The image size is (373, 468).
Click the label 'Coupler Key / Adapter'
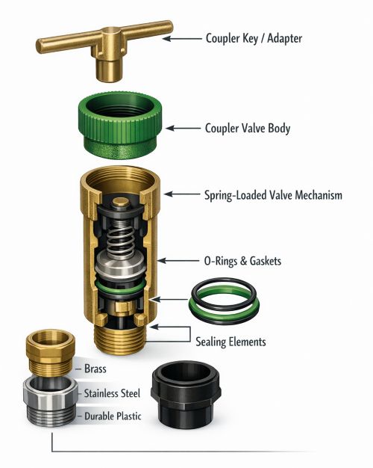click(254, 39)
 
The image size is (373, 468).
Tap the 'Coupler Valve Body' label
click(248, 129)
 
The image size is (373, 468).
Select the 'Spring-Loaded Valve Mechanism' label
click(273, 195)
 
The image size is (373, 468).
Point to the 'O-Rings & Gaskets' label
click(242, 261)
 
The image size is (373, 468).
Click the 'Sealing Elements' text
click(231, 342)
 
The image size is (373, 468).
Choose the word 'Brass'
click(95, 369)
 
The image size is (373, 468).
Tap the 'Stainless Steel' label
click(112, 393)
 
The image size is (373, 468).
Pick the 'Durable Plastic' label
click(113, 416)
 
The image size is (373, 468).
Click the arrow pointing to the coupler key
click(182, 39)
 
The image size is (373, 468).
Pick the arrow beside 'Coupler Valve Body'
click(183, 129)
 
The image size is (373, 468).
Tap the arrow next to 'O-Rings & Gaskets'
click(178, 261)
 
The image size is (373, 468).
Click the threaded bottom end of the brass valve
click(119, 340)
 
